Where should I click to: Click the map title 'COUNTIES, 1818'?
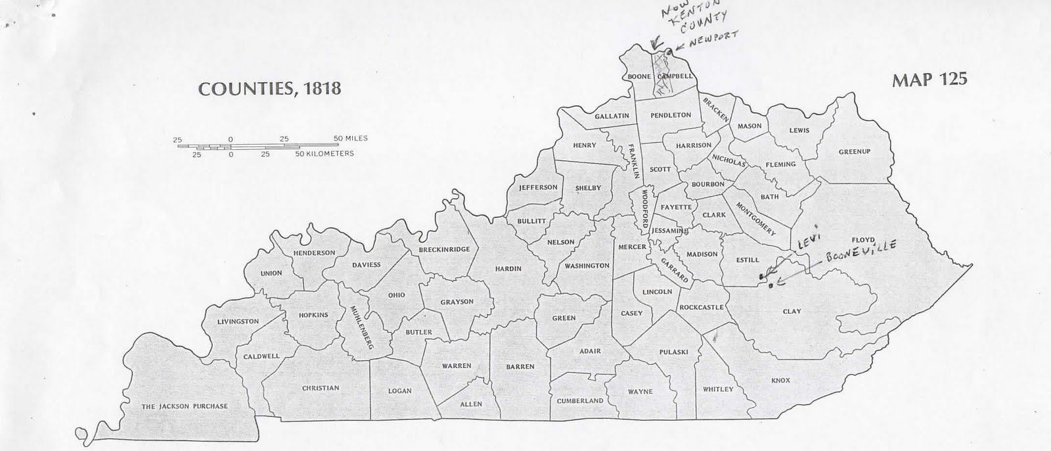click(269, 89)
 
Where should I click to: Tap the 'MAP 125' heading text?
click(929, 80)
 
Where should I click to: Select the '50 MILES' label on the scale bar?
click(351, 139)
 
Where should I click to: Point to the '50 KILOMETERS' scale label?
click(324, 154)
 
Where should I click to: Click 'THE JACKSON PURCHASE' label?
click(185, 406)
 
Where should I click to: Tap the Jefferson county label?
click(538, 187)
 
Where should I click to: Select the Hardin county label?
click(508, 269)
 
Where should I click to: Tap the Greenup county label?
click(854, 152)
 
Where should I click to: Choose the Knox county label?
click(780, 381)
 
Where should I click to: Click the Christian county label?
click(321, 388)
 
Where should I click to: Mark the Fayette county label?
click(676, 207)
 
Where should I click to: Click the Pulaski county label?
click(673, 352)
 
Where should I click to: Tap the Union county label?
click(271, 273)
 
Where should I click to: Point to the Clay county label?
click(792, 311)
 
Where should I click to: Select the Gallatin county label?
click(612, 116)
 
